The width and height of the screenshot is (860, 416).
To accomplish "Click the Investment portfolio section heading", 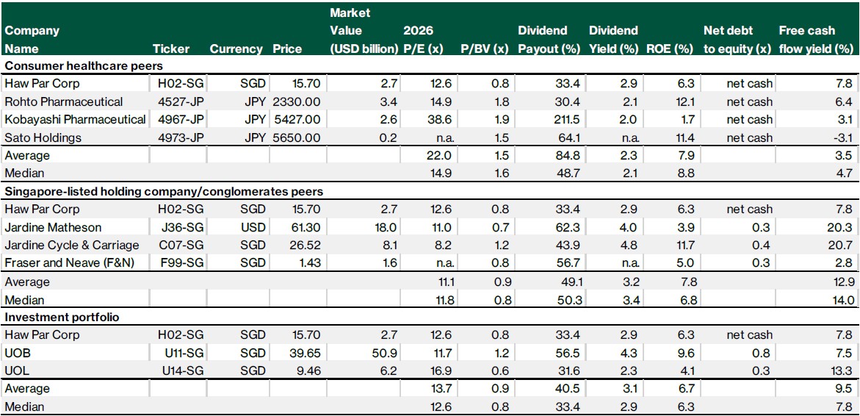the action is click(53, 317).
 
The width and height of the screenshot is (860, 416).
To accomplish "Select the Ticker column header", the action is click(171, 49).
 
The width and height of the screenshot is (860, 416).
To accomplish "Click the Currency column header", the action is click(236, 49).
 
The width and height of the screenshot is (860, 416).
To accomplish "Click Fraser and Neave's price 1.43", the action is click(308, 262).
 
